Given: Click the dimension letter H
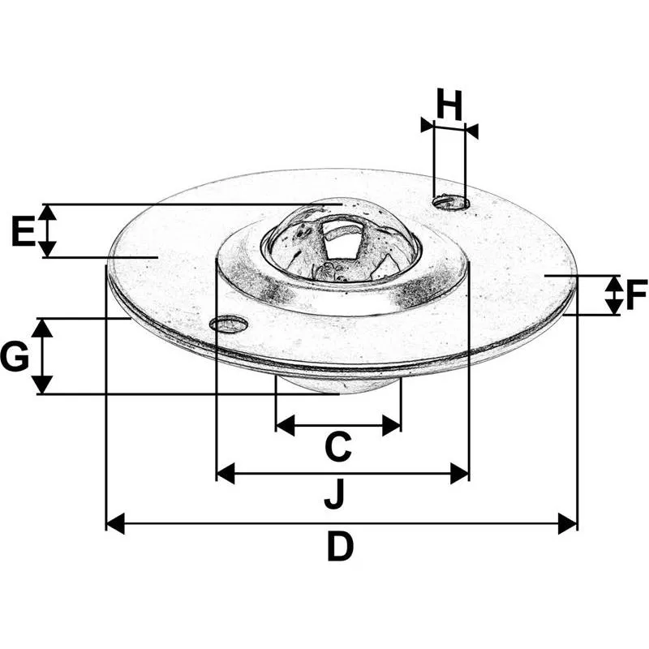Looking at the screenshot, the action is coord(449,105).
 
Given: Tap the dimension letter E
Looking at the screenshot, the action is coord(24,231).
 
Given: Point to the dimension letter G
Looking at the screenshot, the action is coord(15,356).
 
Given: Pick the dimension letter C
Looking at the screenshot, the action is coord(338,447).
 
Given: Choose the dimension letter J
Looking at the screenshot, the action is coord(334,493).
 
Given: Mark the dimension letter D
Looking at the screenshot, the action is coord(341,546).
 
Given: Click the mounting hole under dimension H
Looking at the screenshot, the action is coord(451,202).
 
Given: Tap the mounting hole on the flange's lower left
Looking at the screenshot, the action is coord(229,323).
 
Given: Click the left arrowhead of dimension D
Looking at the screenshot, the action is coord(115,523).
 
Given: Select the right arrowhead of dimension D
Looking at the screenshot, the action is coord(567,523).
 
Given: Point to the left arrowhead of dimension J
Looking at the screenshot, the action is coord(226,474).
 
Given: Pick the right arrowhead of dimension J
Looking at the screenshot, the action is coord(459,474).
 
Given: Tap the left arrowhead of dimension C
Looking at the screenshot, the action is coord(286,425).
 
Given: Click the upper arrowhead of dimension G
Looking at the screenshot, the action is coord(43,328).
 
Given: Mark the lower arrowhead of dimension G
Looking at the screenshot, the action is coord(43,385).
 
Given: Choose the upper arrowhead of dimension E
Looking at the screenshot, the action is coord(49,212).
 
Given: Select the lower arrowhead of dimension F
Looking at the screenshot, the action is coord(613,307).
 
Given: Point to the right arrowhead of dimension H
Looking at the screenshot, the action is coord(471,131).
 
